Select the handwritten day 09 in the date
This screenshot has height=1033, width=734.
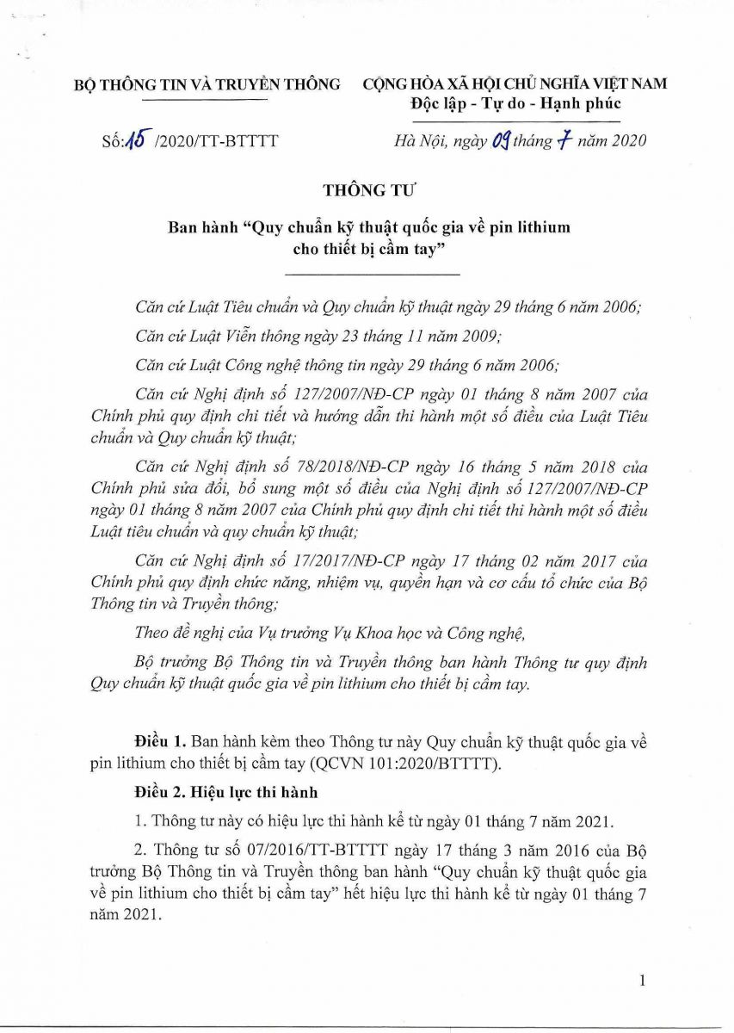[x=501, y=140]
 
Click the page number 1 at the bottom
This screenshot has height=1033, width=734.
[x=643, y=980]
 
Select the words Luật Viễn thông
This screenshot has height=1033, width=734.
[x=229, y=336]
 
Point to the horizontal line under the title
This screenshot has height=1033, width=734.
[x=372, y=274]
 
